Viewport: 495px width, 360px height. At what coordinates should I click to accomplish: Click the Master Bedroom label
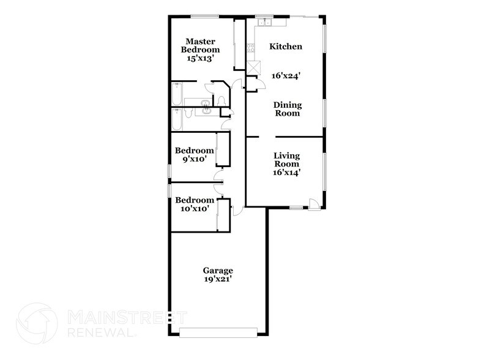click(x=198, y=45)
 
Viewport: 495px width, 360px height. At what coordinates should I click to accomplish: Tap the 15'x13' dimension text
click(x=198, y=59)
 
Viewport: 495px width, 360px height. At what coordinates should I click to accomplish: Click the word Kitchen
click(x=286, y=47)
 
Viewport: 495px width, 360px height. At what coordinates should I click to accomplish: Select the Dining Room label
click(x=286, y=109)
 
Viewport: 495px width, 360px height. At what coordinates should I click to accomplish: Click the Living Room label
click(x=286, y=160)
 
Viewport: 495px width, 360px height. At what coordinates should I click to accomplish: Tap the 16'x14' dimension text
click(x=286, y=172)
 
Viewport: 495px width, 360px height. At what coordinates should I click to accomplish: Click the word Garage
click(x=218, y=270)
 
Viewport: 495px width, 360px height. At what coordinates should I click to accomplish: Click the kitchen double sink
click(x=264, y=23)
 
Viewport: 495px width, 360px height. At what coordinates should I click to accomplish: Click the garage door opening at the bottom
click(x=218, y=332)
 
